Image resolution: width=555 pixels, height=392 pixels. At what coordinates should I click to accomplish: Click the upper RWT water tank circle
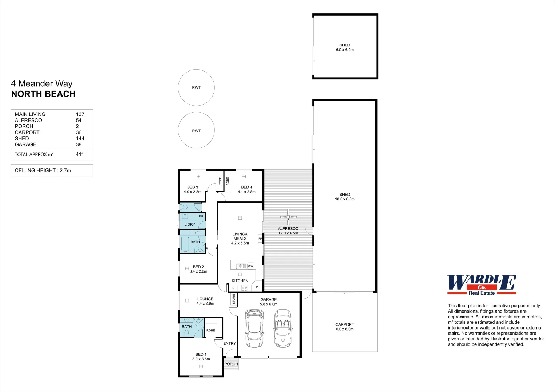[196, 87]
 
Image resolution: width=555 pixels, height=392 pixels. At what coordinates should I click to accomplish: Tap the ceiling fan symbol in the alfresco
[288, 217]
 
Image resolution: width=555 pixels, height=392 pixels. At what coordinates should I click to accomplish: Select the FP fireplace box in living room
[260, 238]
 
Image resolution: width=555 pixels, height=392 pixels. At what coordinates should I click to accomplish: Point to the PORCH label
[231, 364]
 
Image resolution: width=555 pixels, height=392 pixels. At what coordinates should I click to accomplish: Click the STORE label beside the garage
[234, 299]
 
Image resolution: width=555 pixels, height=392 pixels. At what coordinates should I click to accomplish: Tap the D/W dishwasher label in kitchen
[250, 266]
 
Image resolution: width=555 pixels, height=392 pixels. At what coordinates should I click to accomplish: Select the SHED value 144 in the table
[80, 138]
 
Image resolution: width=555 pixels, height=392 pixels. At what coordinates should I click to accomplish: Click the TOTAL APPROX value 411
[80, 154]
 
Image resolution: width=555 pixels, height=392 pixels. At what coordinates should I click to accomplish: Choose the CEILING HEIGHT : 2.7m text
[43, 170]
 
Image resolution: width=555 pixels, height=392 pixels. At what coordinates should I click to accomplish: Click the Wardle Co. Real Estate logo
[482, 285]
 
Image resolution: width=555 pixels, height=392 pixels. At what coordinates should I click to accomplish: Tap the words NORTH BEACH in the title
[43, 94]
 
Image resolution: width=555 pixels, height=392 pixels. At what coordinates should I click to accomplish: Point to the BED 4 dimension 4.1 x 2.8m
[246, 192]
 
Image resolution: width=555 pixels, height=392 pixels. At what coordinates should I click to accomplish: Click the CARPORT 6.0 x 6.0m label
[345, 327]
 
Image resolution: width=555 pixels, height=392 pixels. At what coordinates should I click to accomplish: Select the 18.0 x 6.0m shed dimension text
[345, 199]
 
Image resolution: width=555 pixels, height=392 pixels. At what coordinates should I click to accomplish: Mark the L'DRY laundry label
[190, 224]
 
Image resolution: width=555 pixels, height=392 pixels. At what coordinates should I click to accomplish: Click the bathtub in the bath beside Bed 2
[185, 244]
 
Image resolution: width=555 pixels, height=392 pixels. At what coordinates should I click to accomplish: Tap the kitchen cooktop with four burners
[245, 288]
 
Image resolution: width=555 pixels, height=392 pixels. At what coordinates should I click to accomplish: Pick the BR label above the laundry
[201, 216]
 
